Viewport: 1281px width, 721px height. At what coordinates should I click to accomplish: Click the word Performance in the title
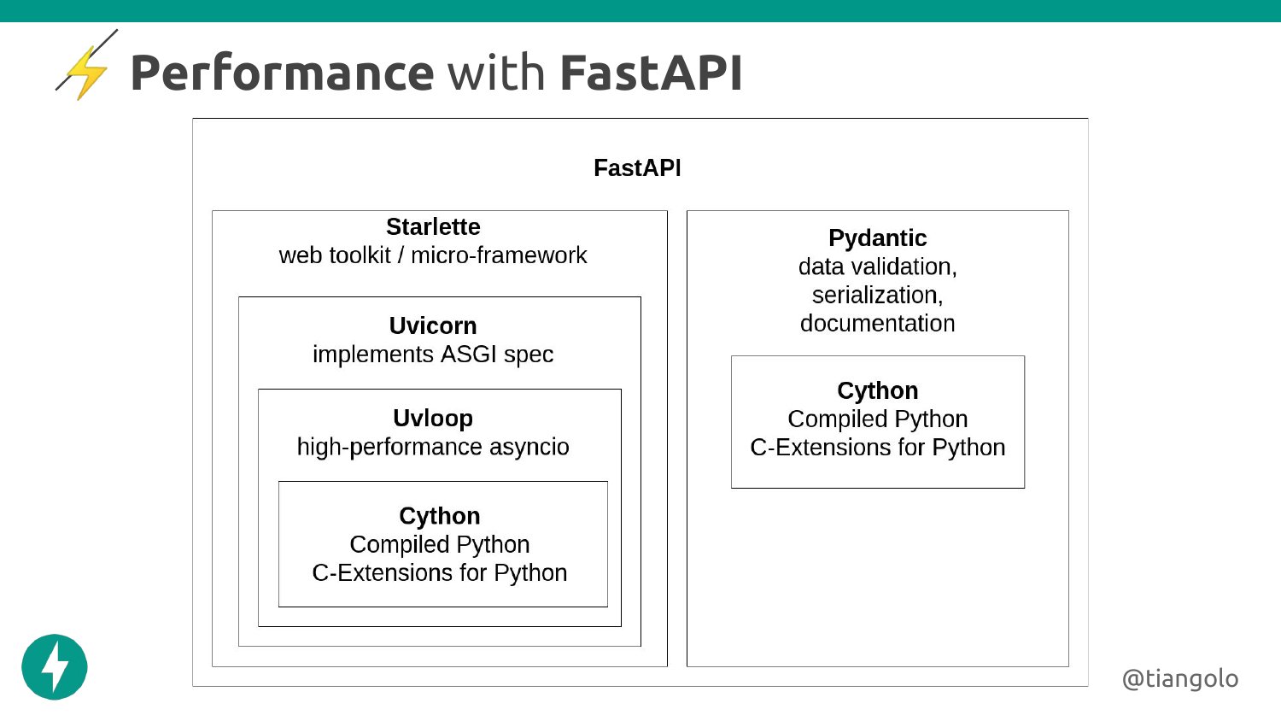coord(282,73)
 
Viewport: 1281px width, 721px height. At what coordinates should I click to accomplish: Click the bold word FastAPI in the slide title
coord(651,73)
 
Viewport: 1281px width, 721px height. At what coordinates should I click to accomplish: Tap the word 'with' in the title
coord(496,73)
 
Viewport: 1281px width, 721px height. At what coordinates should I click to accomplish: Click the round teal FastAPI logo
coord(55,667)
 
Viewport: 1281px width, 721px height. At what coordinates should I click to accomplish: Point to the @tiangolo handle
coord(1179,678)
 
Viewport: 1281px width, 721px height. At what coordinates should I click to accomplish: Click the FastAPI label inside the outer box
coord(637,168)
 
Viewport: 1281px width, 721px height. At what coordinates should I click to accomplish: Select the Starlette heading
coord(433,227)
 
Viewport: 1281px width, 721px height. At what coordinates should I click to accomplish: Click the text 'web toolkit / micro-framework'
coord(433,255)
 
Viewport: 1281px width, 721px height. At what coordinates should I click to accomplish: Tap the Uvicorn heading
coord(433,326)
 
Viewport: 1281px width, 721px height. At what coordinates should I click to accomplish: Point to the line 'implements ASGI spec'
coord(433,355)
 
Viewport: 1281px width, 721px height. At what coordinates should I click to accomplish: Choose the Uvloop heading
coord(433,419)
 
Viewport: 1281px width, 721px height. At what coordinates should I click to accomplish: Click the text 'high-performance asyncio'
coord(433,447)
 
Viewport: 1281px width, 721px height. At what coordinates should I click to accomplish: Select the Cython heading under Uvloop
coord(440,516)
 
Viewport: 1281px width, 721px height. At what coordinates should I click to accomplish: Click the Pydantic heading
coord(877,238)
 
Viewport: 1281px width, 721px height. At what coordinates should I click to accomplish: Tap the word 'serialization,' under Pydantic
coord(877,296)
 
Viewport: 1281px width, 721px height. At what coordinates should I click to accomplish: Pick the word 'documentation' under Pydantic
coord(877,324)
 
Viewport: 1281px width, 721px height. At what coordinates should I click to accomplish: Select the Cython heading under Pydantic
coord(877,391)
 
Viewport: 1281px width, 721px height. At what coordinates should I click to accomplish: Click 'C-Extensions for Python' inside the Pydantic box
coord(877,448)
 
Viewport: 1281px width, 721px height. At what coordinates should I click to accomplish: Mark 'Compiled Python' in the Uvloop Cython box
coord(440,545)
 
